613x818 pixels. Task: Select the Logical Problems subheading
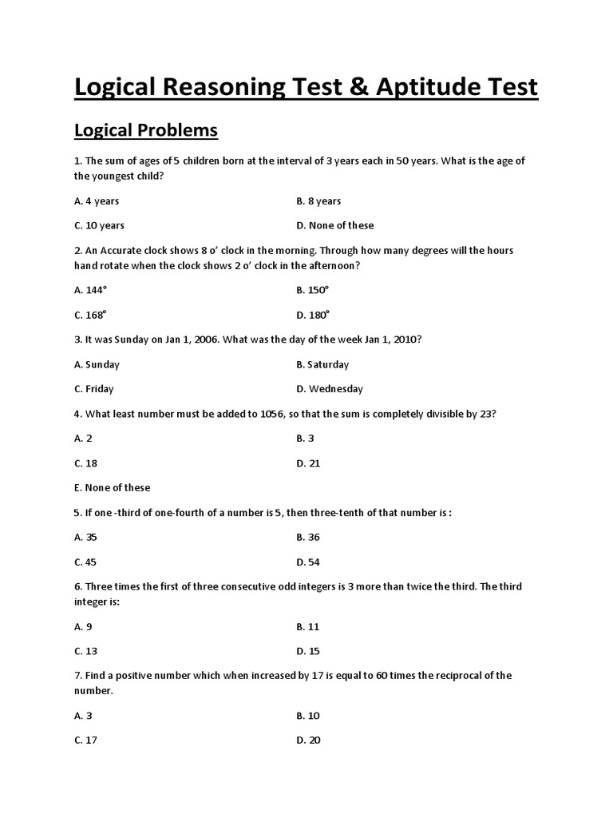pyautogui.click(x=146, y=129)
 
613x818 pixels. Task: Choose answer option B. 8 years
pyautogui.click(x=318, y=201)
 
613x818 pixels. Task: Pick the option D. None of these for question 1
pyautogui.click(x=334, y=225)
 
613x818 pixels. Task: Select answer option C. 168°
pyautogui.click(x=90, y=315)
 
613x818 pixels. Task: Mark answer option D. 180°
pyautogui.click(x=313, y=315)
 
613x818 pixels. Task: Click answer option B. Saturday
pyautogui.click(x=322, y=364)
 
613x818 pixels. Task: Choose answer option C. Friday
pyautogui.click(x=94, y=389)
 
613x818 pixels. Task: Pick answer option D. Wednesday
pyautogui.click(x=329, y=389)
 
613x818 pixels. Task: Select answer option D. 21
pyautogui.click(x=307, y=463)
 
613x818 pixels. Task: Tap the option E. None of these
pyautogui.click(x=112, y=487)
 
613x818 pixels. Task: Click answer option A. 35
pyautogui.click(x=85, y=538)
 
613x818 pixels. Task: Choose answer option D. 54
pyautogui.click(x=308, y=562)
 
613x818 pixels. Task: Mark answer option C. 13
pyautogui.click(x=85, y=651)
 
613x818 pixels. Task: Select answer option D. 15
pyautogui.click(x=307, y=651)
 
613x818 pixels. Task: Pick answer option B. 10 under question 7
pyautogui.click(x=308, y=716)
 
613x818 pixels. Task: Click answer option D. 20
pyautogui.click(x=308, y=741)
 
